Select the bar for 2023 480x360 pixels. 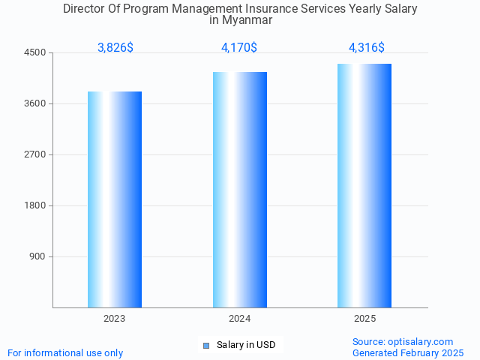pyautogui.click(x=115, y=199)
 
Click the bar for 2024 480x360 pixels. pyautogui.click(x=240, y=190)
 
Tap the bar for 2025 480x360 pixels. pyautogui.click(x=364, y=185)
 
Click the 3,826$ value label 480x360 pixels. pyautogui.click(x=115, y=47)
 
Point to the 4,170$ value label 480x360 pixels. pyautogui.click(x=239, y=47)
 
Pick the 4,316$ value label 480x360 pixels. pyautogui.click(x=366, y=47)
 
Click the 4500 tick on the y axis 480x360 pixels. pyautogui.click(x=36, y=52)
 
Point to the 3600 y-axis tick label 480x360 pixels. pyautogui.click(x=36, y=103)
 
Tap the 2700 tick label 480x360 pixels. pyautogui.click(x=36, y=154)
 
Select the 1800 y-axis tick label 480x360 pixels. pyautogui.click(x=36, y=205)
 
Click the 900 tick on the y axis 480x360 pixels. pyautogui.click(x=38, y=256)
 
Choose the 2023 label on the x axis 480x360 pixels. pyautogui.click(x=115, y=319)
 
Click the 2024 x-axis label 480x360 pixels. pyautogui.click(x=240, y=319)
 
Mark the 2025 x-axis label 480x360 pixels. pyautogui.click(x=364, y=319)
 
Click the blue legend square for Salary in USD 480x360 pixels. pyautogui.click(x=206, y=345)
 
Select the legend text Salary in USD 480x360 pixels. pyautogui.click(x=246, y=345)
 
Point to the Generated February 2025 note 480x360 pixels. pyautogui.click(x=408, y=352)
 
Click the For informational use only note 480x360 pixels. pyautogui.click(x=65, y=352)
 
